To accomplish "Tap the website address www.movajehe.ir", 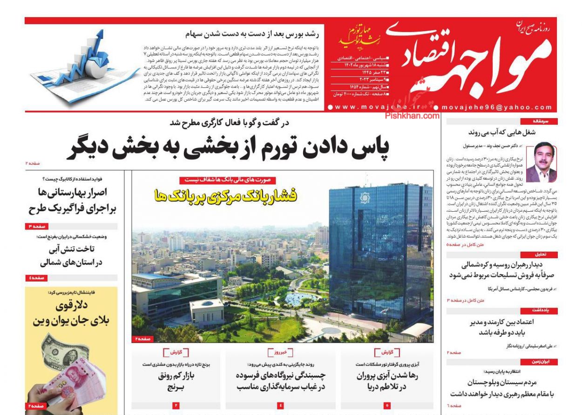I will click(x=378, y=107).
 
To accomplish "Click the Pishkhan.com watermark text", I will click(x=412, y=116).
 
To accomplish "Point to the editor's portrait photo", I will click(x=541, y=162).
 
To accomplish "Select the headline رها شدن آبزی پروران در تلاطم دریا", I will click(x=388, y=382).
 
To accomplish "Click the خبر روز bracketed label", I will click(x=280, y=352).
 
